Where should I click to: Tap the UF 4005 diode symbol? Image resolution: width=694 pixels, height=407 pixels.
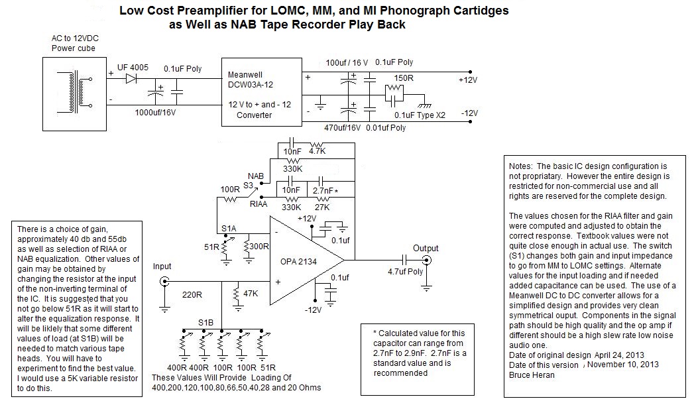pos(131,78)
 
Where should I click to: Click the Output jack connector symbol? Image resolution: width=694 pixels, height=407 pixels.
pos(427,261)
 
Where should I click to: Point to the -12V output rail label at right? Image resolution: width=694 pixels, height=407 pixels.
pos(470,113)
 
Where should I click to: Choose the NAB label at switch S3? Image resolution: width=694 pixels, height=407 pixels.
pos(256,176)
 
